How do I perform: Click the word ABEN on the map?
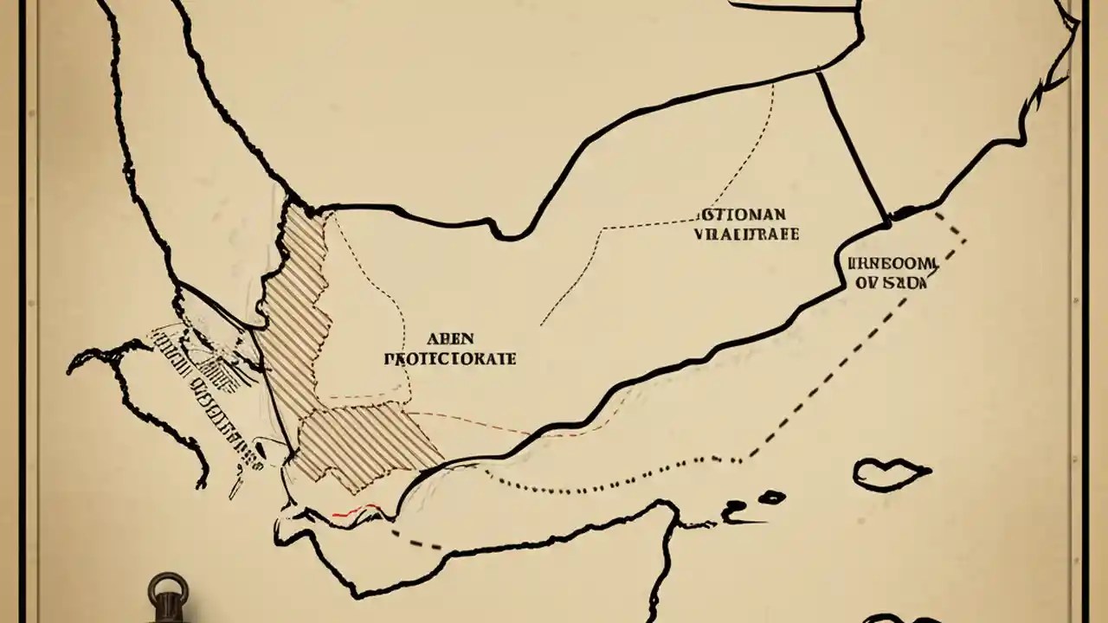pyautogui.click(x=450, y=338)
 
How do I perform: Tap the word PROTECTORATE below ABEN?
pyautogui.click(x=449, y=358)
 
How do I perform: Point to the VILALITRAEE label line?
pyautogui.click(x=746, y=234)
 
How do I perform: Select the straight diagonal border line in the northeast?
pyautogui.click(x=853, y=147)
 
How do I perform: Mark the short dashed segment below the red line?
pyautogui.click(x=415, y=540)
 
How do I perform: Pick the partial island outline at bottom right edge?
pyautogui.click(x=900, y=618)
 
